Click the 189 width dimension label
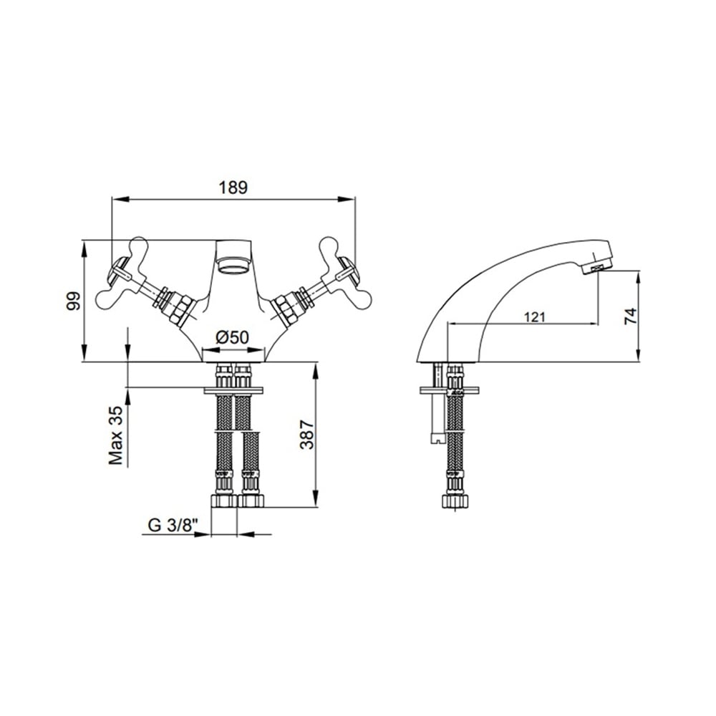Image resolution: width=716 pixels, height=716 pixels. point(233,187)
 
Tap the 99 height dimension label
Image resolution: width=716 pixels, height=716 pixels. point(73,301)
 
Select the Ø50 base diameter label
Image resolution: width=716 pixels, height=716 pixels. point(233,337)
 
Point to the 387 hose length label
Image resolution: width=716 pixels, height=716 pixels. point(307,435)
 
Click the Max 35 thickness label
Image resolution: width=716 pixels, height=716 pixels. point(116,435)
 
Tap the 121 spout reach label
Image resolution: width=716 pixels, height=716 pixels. point(534,316)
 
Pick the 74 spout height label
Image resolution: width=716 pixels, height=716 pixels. point(629,316)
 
